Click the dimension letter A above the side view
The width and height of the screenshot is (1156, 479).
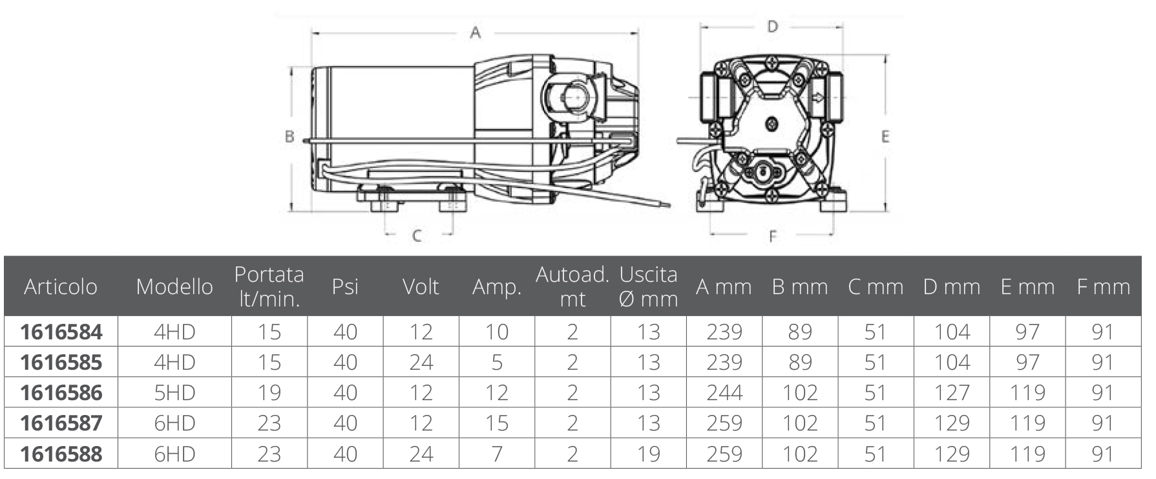[x=476, y=32]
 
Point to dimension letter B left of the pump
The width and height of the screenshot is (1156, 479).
[x=289, y=137]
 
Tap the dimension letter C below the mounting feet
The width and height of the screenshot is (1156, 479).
[x=417, y=235]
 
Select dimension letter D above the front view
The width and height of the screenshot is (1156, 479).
[x=772, y=27]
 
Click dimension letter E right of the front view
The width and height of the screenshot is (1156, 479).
[x=885, y=136]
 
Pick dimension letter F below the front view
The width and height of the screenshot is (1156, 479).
[x=772, y=237]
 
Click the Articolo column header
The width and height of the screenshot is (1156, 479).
[x=61, y=286]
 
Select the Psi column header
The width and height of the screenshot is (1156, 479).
[x=345, y=286]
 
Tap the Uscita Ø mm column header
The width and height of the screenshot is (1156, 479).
[x=648, y=286]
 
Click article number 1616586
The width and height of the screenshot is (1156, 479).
[x=61, y=392]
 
